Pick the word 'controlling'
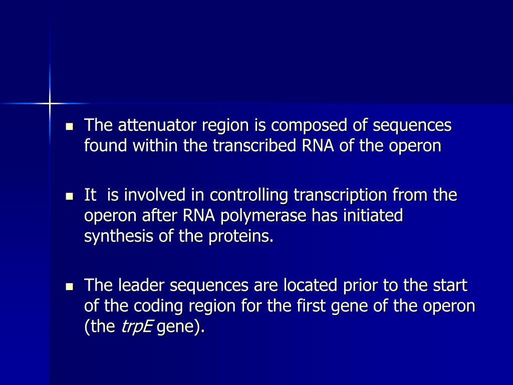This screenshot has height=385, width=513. click(x=250, y=195)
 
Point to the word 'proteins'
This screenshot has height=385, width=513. click(x=241, y=236)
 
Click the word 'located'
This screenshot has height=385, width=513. click(x=309, y=285)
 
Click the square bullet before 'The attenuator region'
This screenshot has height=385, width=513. click(x=70, y=126)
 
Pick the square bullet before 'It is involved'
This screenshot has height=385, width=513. click(x=70, y=195)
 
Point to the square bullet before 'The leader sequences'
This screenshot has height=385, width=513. click(x=70, y=286)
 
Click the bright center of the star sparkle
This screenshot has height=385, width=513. click(x=50, y=104)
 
